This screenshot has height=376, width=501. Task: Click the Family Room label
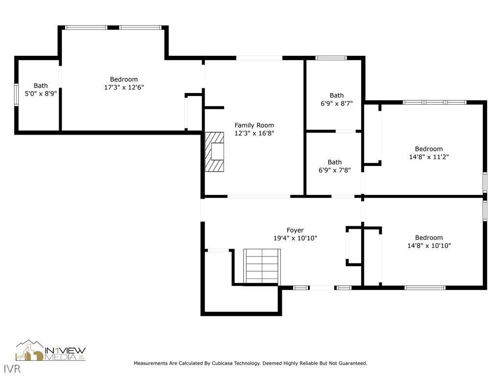pyautogui.click(x=254, y=125)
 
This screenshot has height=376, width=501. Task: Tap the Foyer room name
pyautogui.click(x=295, y=230)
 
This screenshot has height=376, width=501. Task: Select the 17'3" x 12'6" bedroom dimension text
pyautogui.click(x=124, y=87)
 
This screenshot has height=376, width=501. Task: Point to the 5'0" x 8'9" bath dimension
pyautogui.click(x=41, y=94)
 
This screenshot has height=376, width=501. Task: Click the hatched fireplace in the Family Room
pyautogui.click(x=214, y=152)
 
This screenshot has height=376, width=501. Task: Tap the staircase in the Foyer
pyautogui.click(x=262, y=266)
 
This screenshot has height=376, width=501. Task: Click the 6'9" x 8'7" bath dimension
pyautogui.click(x=337, y=104)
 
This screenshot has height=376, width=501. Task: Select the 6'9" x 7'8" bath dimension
pyautogui.click(x=335, y=170)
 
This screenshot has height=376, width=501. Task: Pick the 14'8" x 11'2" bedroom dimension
pyautogui.click(x=429, y=157)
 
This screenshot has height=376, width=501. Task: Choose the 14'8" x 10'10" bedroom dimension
pyautogui.click(x=429, y=246)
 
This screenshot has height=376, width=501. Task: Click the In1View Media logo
pyautogui.click(x=50, y=351)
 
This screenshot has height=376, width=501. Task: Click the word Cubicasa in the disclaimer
pyautogui.click(x=223, y=363)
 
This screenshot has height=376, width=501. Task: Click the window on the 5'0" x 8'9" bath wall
pyautogui.click(x=16, y=94)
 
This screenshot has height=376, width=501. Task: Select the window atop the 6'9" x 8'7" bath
pyautogui.click(x=331, y=58)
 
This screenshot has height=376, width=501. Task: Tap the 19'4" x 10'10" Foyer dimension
pyautogui.click(x=295, y=238)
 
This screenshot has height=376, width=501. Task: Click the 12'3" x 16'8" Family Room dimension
pyautogui.click(x=254, y=133)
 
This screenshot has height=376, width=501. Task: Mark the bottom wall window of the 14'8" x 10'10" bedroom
pyautogui.click(x=425, y=288)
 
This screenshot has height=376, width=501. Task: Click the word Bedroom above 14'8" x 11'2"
pyautogui.click(x=429, y=149)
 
